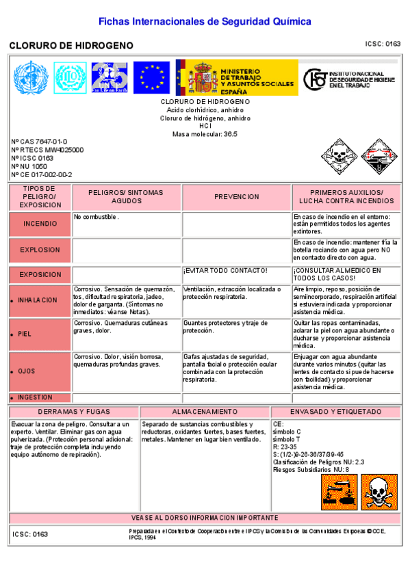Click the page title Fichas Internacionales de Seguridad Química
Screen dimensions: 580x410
(x=205, y=21)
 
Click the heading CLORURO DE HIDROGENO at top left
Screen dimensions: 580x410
(x=71, y=45)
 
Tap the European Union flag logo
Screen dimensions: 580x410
(x=151, y=77)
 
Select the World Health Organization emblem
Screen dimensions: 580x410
(x=29, y=77)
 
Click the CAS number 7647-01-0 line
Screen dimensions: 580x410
(x=39, y=142)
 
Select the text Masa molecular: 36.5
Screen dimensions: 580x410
(x=205, y=134)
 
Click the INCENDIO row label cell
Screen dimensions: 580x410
(x=40, y=224)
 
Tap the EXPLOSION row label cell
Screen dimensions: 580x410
(x=40, y=250)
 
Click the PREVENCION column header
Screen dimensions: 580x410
(x=236, y=197)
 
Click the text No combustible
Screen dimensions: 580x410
(x=97, y=217)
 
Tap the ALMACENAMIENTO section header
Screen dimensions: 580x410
(x=205, y=412)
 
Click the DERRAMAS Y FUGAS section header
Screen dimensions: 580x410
(x=74, y=412)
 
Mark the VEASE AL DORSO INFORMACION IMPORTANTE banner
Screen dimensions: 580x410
(x=205, y=518)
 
